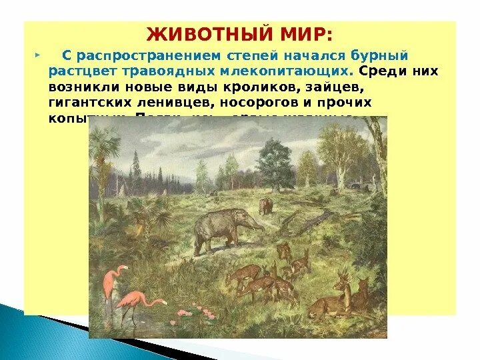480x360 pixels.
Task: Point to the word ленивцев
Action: pos(169,103)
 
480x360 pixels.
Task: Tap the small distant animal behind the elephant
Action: pos(266,205)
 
